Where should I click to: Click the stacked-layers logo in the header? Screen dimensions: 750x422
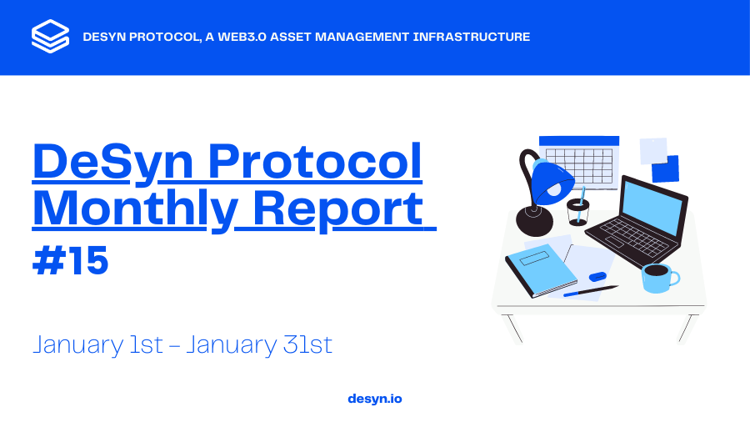(50, 37)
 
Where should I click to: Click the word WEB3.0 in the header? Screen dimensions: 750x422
(242, 37)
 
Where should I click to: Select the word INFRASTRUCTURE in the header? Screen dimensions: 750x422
(471, 37)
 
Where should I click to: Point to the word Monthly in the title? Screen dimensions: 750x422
(135, 209)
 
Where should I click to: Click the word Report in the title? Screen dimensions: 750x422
(337, 209)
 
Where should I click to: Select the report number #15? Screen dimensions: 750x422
(70, 261)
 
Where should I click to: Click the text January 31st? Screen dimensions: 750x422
(259, 345)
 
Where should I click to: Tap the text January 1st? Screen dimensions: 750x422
(98, 345)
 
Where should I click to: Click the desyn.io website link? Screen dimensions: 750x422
(375, 399)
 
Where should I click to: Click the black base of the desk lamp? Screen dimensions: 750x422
(534, 221)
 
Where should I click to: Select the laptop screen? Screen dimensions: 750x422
(653, 208)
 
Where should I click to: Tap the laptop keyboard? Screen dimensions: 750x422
(634, 238)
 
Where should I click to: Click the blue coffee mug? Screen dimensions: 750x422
(659, 278)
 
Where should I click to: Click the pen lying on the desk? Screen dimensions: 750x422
(590, 291)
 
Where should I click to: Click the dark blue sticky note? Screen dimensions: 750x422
(666, 169)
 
